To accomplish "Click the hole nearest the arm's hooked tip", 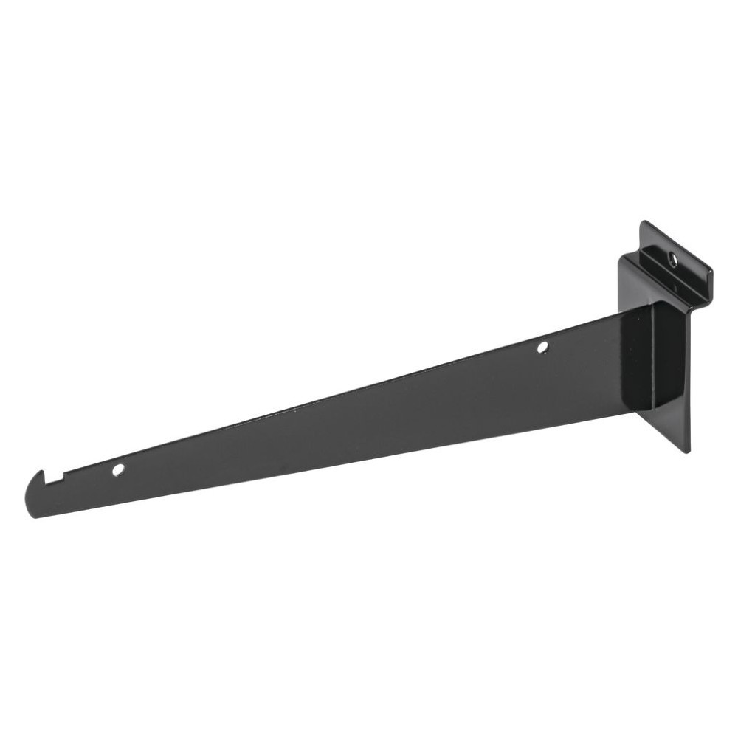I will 118,469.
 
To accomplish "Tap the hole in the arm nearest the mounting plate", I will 542,346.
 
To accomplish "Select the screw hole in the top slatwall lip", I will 672,258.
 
